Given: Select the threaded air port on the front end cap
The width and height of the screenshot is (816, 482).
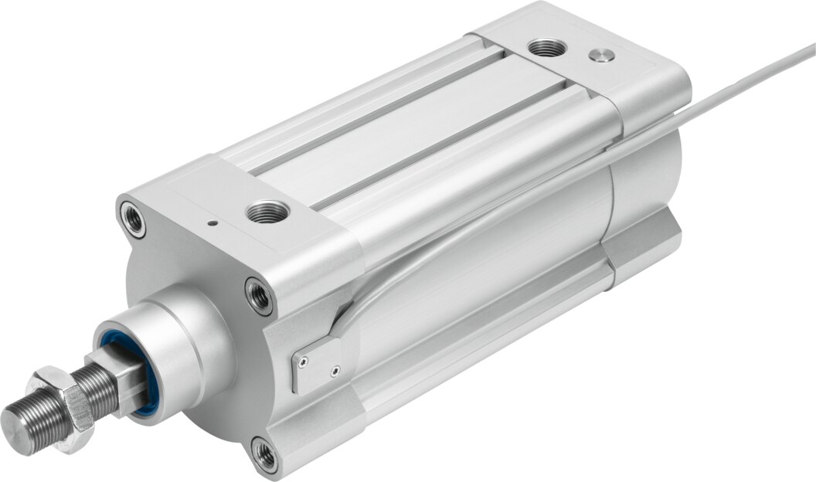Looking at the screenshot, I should tap(267, 211).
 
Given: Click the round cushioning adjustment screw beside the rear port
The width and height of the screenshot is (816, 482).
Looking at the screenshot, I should tap(601, 54).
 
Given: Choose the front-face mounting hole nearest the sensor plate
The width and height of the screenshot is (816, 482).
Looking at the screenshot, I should tap(260, 295).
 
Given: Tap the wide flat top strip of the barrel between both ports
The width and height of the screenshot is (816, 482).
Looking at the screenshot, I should tap(410, 131).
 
